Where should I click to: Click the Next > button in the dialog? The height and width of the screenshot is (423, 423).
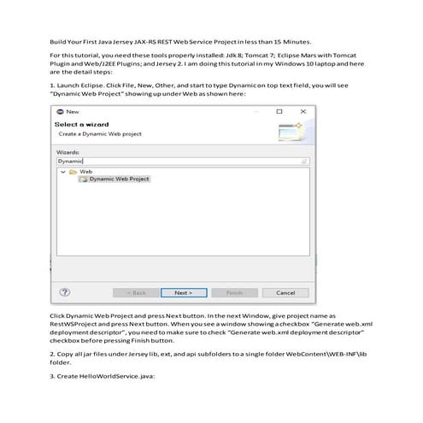pos(182,292)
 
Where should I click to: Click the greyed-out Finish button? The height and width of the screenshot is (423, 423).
pos(234,292)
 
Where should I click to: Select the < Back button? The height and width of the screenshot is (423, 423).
pos(137,292)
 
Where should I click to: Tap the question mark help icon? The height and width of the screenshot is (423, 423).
pos(64,292)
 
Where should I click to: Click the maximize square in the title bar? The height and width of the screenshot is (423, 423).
pos(279,112)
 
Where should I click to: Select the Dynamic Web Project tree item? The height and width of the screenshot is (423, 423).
pos(119,179)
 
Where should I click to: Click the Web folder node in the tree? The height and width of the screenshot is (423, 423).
pos(85,172)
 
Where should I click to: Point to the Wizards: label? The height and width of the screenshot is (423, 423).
pos(68,151)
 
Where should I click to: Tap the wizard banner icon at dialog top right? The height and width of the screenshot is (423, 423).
pos(289,130)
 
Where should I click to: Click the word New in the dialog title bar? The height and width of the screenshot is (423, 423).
pos(72,112)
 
